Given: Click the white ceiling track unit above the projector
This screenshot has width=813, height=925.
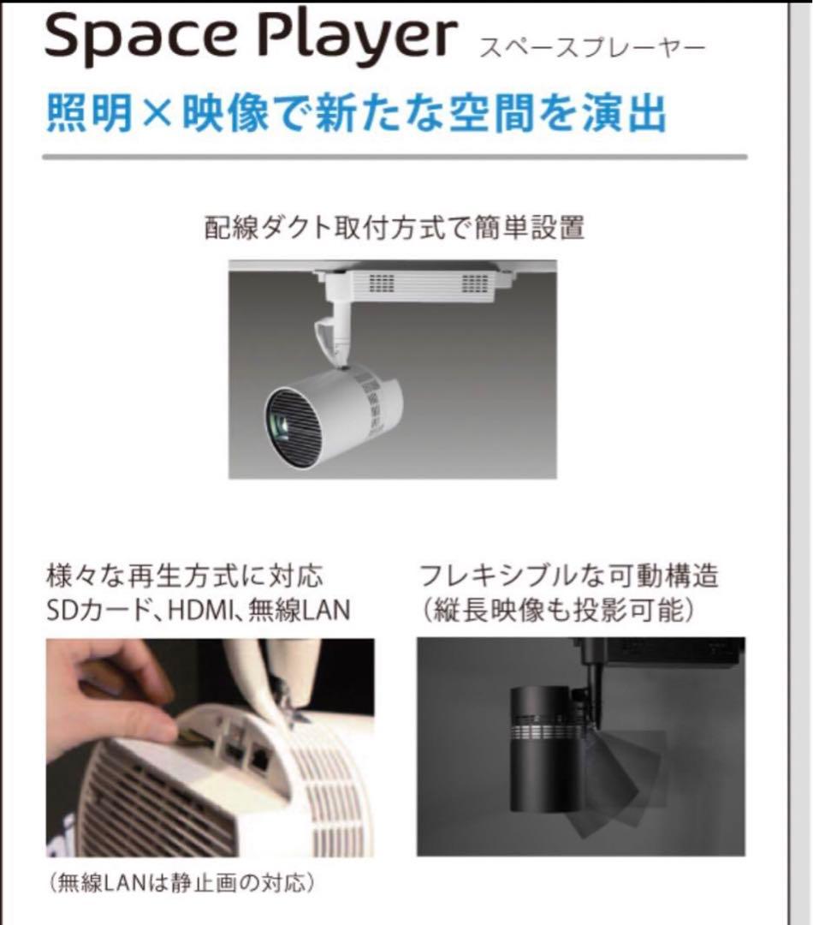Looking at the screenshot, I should click(x=419, y=283).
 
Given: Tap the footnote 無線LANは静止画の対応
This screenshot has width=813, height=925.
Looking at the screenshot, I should click(x=181, y=882).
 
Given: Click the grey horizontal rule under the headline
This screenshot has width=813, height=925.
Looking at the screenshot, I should click(x=394, y=158).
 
